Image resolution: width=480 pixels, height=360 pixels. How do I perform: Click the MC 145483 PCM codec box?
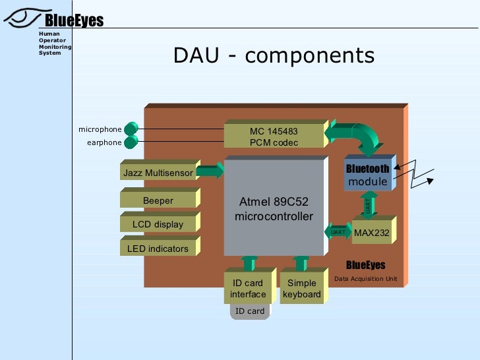(x=274, y=136)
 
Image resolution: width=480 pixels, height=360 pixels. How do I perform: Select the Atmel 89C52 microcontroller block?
(x=274, y=208)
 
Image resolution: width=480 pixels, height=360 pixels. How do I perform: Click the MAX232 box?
(x=371, y=233)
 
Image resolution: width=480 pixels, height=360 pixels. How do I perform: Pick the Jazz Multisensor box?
(x=158, y=173)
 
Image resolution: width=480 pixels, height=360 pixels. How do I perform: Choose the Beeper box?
(x=158, y=200)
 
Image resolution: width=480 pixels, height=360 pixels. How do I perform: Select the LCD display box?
(x=158, y=224)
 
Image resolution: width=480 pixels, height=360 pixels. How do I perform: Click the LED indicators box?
(x=158, y=249)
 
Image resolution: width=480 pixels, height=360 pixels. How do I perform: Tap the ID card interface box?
(x=248, y=289)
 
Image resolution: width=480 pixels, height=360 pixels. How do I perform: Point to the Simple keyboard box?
(x=301, y=289)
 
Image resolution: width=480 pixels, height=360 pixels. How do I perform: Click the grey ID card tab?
(x=250, y=311)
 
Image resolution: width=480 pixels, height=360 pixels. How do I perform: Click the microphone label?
(x=100, y=129)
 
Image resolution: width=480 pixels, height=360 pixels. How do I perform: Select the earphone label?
(x=104, y=142)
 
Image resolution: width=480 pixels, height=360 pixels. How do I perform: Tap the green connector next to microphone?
(x=131, y=129)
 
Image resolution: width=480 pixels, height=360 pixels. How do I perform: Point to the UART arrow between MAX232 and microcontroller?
(x=338, y=232)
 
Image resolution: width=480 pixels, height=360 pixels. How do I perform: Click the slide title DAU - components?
(x=274, y=55)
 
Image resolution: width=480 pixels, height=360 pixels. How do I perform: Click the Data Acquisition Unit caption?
(x=365, y=279)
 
